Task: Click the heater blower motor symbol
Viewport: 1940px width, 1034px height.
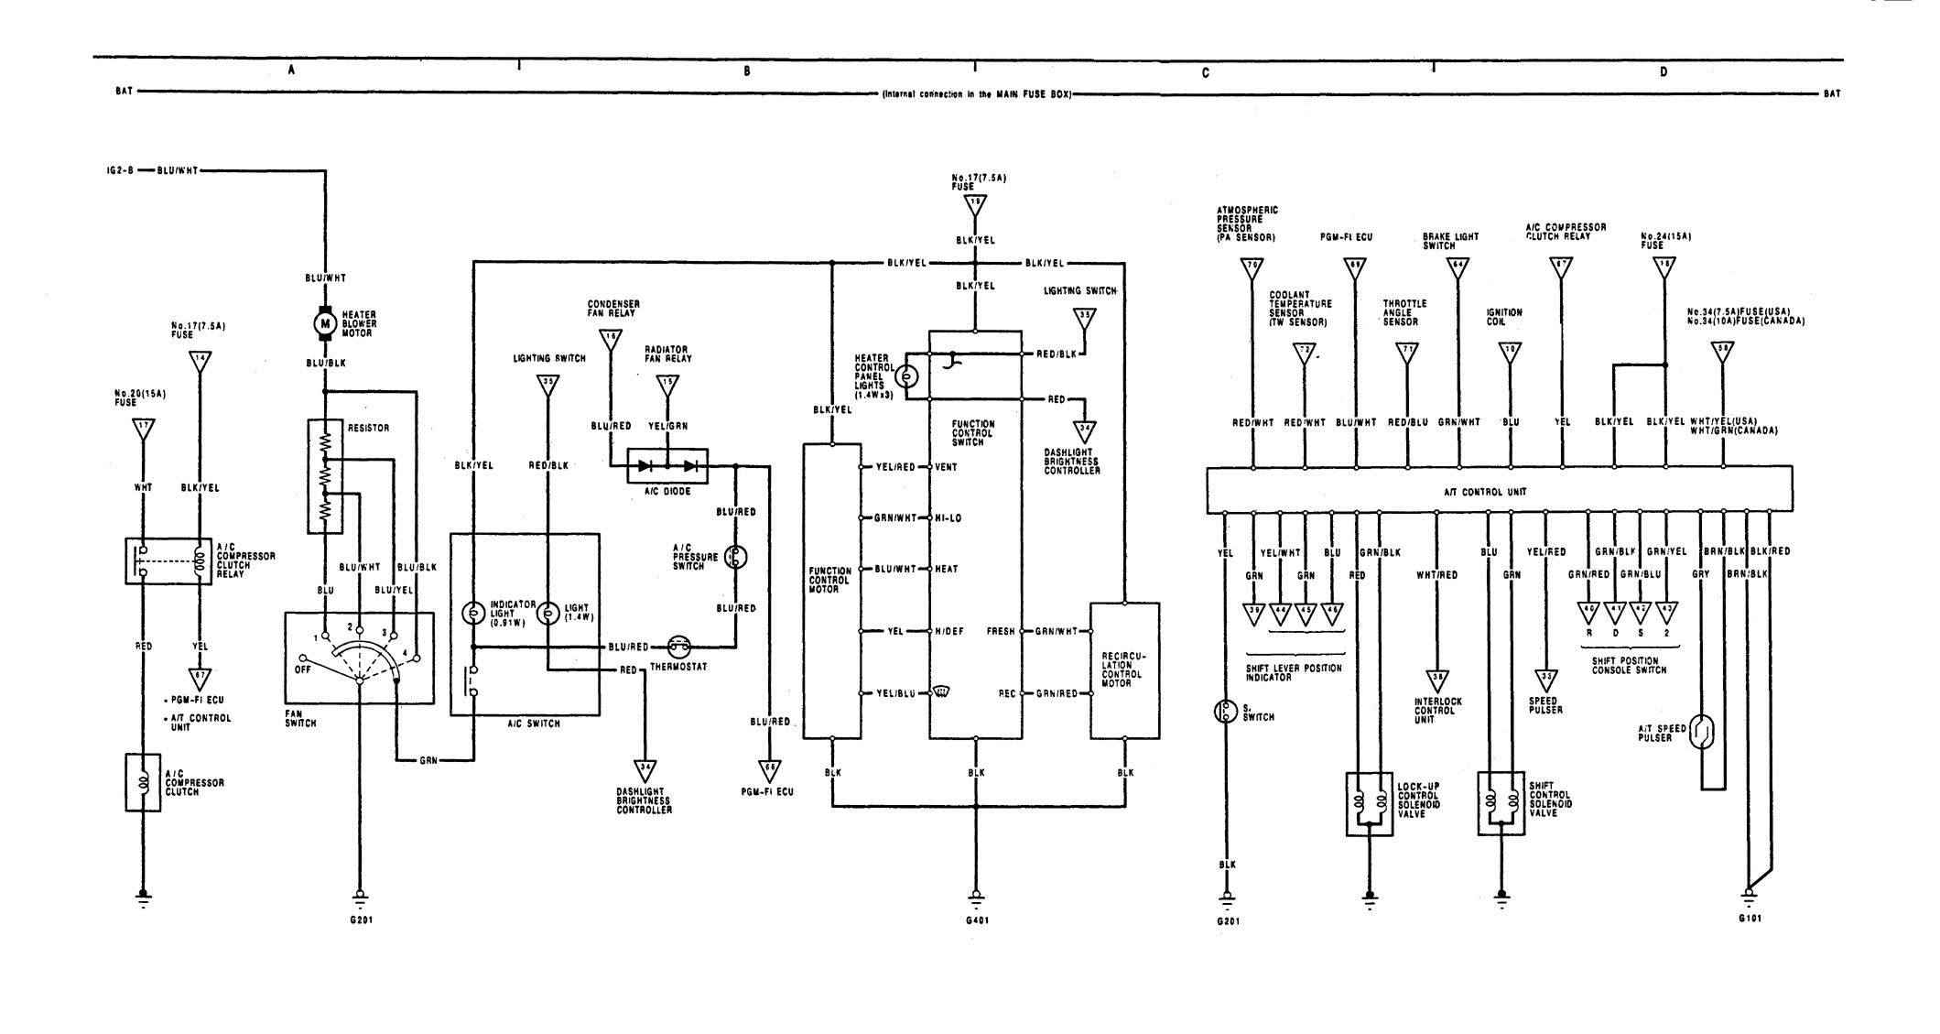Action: tap(324, 322)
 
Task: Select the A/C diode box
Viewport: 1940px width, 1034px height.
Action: tap(667, 465)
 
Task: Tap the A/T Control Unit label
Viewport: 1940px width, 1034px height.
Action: tap(1499, 492)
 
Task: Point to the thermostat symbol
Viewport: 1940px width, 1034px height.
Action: tap(678, 647)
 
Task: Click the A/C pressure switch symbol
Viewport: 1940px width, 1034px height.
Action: tap(733, 557)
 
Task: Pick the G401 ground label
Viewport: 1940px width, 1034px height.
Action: tap(976, 920)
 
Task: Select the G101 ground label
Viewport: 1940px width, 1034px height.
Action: tap(1750, 918)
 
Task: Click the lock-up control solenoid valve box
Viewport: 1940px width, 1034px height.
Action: tap(1369, 804)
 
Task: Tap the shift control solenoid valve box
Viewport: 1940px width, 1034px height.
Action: tap(1501, 804)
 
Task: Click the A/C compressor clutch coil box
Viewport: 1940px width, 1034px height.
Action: tap(142, 782)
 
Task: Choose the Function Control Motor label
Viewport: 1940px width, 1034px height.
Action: tap(831, 582)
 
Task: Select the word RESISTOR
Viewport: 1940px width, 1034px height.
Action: tap(369, 428)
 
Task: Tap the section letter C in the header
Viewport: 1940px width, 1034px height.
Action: tap(1206, 72)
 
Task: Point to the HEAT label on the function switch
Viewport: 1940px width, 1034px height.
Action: tap(947, 569)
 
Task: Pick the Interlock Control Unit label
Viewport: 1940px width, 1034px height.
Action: tap(1438, 711)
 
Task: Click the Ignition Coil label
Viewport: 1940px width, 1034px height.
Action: tap(1504, 317)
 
